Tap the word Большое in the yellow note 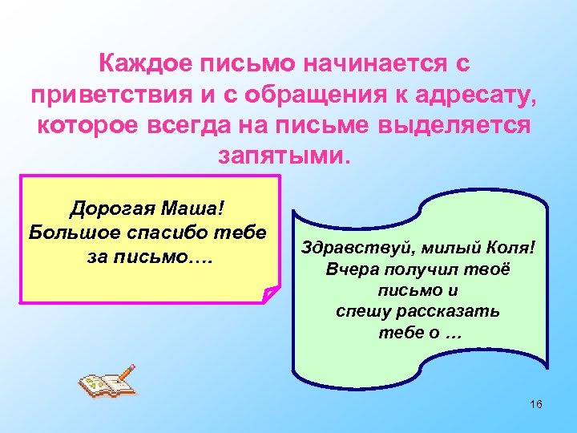pyautogui.click(x=70, y=233)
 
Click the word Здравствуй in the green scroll pyautogui.click(x=347, y=248)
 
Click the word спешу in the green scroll pyautogui.click(x=362, y=311)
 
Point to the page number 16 pyautogui.click(x=536, y=404)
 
